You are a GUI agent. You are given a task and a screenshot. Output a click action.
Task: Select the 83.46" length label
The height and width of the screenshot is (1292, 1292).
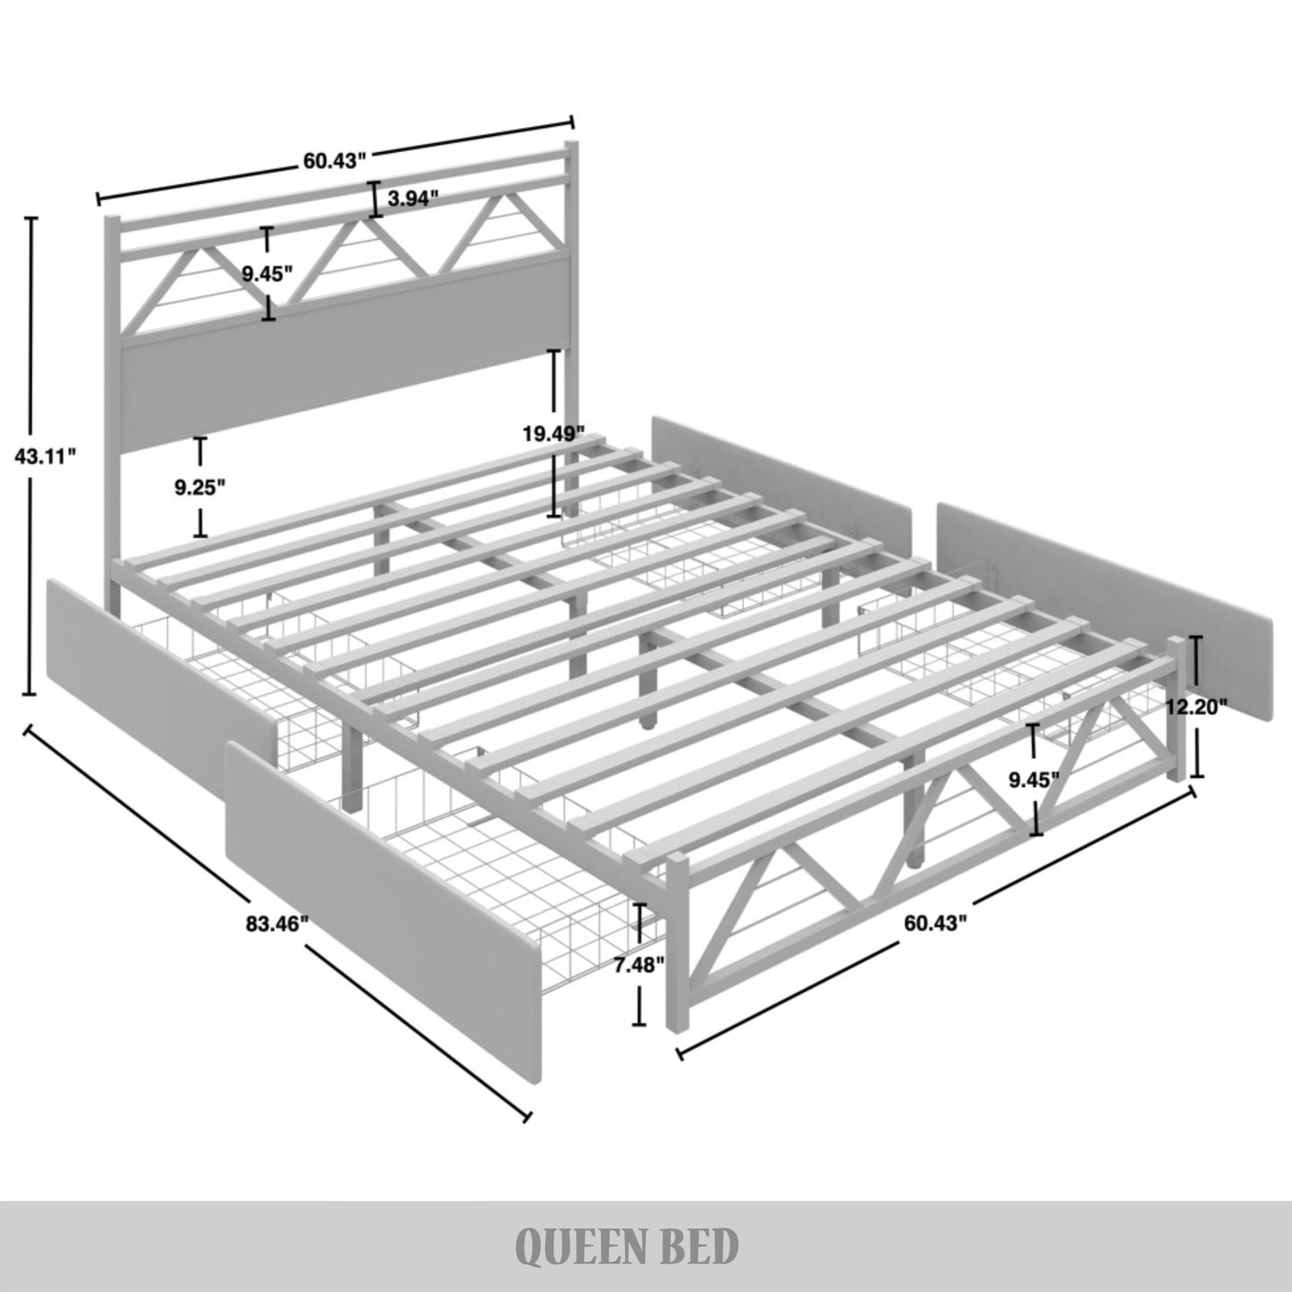(x=277, y=924)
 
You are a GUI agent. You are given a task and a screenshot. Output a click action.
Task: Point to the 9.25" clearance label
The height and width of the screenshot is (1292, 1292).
(x=199, y=487)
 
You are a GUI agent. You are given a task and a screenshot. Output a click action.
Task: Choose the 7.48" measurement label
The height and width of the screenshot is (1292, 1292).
(x=639, y=964)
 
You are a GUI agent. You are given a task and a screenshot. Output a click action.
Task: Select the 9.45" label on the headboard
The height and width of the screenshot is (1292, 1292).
(x=268, y=274)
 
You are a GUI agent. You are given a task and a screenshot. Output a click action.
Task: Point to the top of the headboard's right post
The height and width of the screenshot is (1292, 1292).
(x=571, y=145)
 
